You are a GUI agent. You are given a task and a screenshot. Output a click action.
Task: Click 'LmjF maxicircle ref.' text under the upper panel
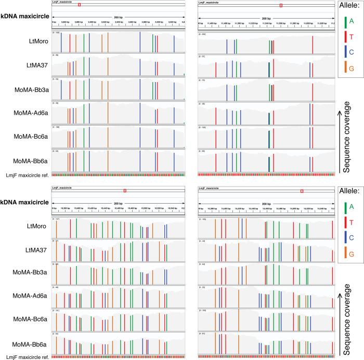point(24,175)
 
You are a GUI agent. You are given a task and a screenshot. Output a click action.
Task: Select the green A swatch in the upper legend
point(345,21)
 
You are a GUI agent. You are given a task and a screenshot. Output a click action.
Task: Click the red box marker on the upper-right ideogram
point(281,5)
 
